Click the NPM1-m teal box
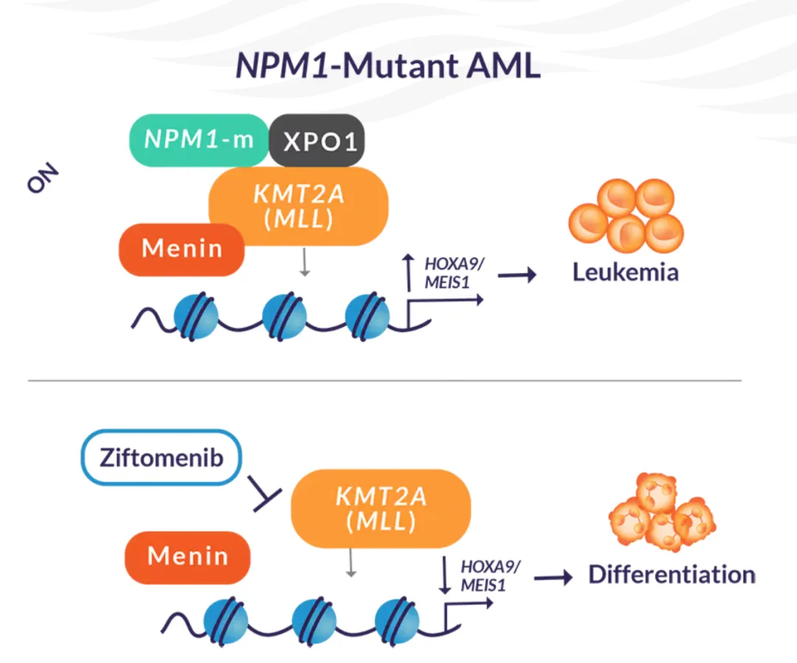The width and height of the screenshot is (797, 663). point(198,140)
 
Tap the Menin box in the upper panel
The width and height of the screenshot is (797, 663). point(182,249)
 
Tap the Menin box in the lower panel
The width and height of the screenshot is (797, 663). point(187,555)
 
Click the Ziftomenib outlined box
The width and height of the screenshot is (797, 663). point(161,457)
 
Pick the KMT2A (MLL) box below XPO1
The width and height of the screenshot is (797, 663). point(298,206)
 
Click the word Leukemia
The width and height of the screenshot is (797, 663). point(625,272)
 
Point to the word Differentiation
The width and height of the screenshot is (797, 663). point(672,574)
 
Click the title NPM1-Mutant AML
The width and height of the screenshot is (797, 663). point(388,66)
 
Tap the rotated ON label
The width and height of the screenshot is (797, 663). point(43,178)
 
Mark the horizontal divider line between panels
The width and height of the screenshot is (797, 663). point(384,380)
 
